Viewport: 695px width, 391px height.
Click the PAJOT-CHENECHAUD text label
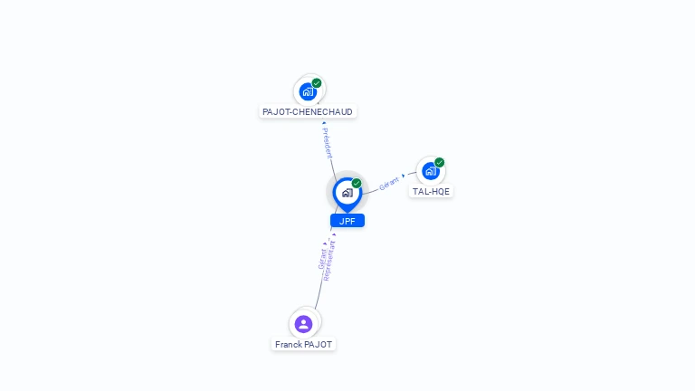(308, 111)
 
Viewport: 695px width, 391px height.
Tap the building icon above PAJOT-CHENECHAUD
(308, 91)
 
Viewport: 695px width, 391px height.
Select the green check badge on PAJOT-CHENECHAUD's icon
(317, 83)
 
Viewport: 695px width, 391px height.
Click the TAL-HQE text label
(431, 192)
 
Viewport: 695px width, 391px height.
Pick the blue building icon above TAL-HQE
(431, 171)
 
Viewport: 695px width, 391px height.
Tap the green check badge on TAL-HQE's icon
(439, 162)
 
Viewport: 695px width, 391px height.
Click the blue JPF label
(347, 221)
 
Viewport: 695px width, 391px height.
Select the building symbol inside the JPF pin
(347, 193)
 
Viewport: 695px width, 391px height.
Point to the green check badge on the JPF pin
(357, 183)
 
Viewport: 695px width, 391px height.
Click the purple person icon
(304, 324)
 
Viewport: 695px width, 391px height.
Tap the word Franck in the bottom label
(287, 345)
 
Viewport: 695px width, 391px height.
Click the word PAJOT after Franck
(317, 345)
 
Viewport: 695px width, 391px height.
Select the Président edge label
(327, 143)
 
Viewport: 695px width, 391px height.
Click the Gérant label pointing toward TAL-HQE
(389, 184)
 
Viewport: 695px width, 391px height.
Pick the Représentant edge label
(330, 261)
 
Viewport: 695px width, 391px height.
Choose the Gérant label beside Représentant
(322, 259)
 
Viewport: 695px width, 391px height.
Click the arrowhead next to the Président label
(324, 123)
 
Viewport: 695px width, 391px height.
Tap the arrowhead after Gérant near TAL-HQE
(404, 176)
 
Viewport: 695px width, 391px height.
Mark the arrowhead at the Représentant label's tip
(334, 235)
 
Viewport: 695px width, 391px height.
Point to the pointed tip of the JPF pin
(347, 213)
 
